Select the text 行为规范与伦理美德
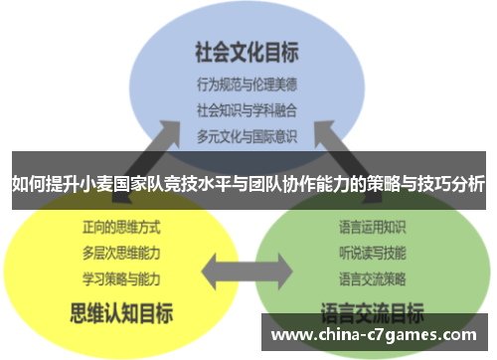point(247,85)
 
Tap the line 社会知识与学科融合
point(247,108)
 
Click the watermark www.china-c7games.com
point(377,334)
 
